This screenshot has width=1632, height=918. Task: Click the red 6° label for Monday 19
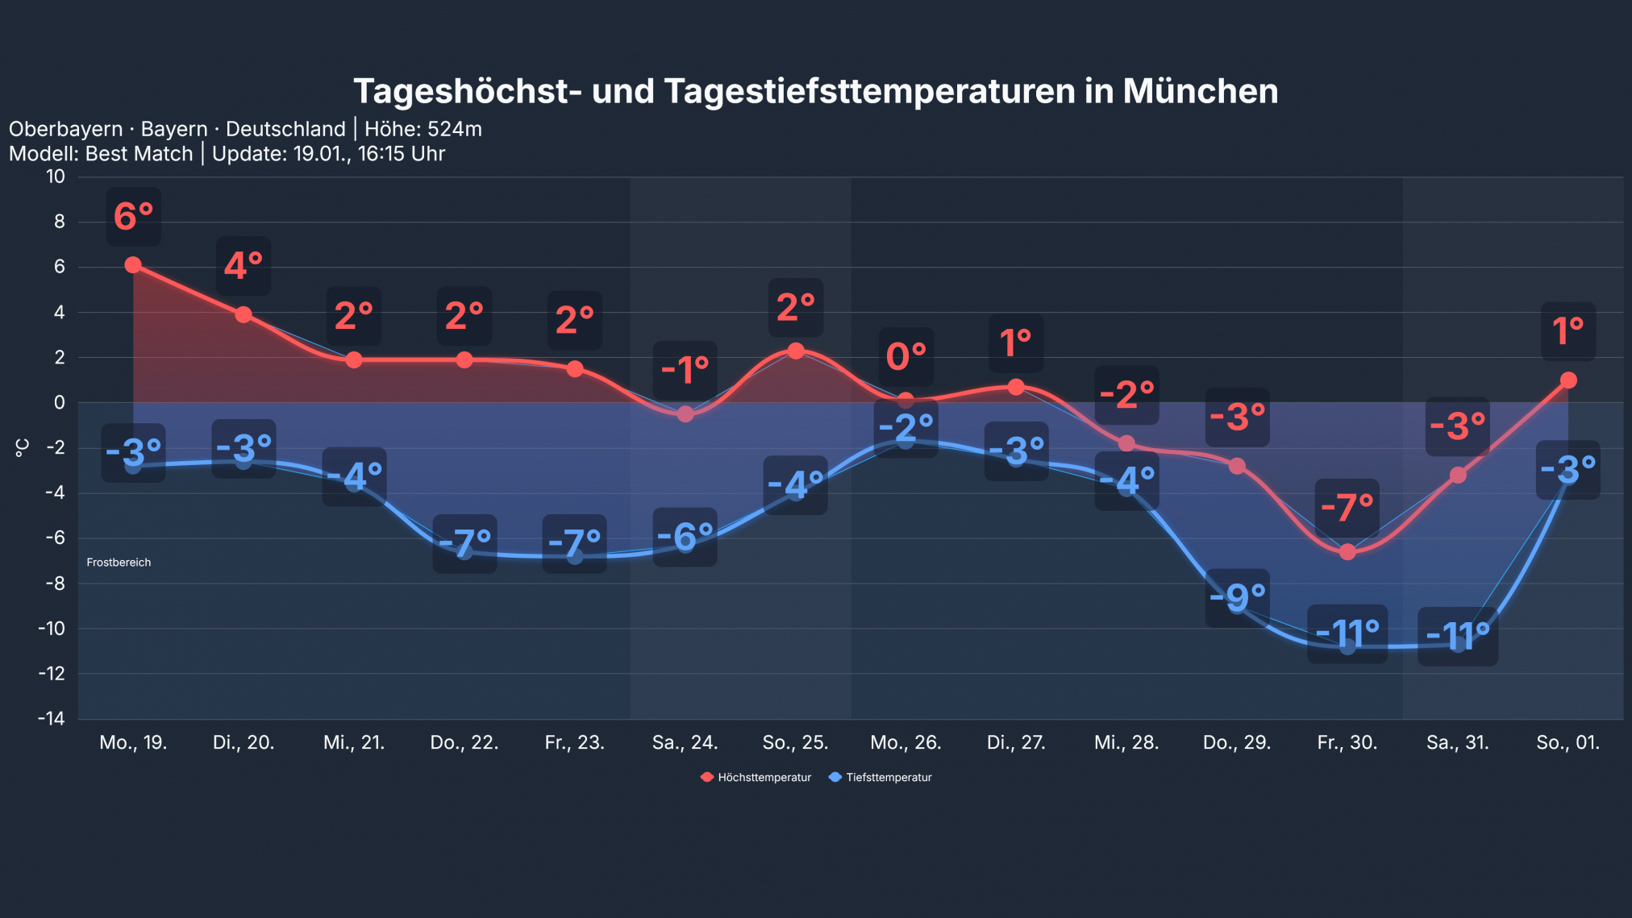coord(134,216)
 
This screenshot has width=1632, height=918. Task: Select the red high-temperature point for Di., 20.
coord(244,314)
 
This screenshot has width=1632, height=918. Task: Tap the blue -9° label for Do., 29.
coord(1237,597)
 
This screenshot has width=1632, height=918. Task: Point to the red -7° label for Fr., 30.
coord(1347,508)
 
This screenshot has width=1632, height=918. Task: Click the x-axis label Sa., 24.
coord(685,742)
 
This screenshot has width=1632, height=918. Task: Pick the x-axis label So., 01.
coord(1567,742)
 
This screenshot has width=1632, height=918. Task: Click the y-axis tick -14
coord(51,718)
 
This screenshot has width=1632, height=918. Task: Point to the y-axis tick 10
coord(55,177)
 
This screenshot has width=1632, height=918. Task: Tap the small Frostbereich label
coord(119,563)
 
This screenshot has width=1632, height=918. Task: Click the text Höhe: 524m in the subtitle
coord(423,129)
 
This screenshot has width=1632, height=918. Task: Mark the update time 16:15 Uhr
coord(401,154)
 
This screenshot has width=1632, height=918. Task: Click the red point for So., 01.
coord(1567,380)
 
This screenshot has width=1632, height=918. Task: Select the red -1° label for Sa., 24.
coord(685,370)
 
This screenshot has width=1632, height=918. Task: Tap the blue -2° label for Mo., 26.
coord(906,428)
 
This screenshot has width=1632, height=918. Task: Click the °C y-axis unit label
coord(23,448)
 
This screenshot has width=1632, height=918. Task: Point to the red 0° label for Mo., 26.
coord(906,356)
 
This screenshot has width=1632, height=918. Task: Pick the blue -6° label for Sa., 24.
coord(685,536)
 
